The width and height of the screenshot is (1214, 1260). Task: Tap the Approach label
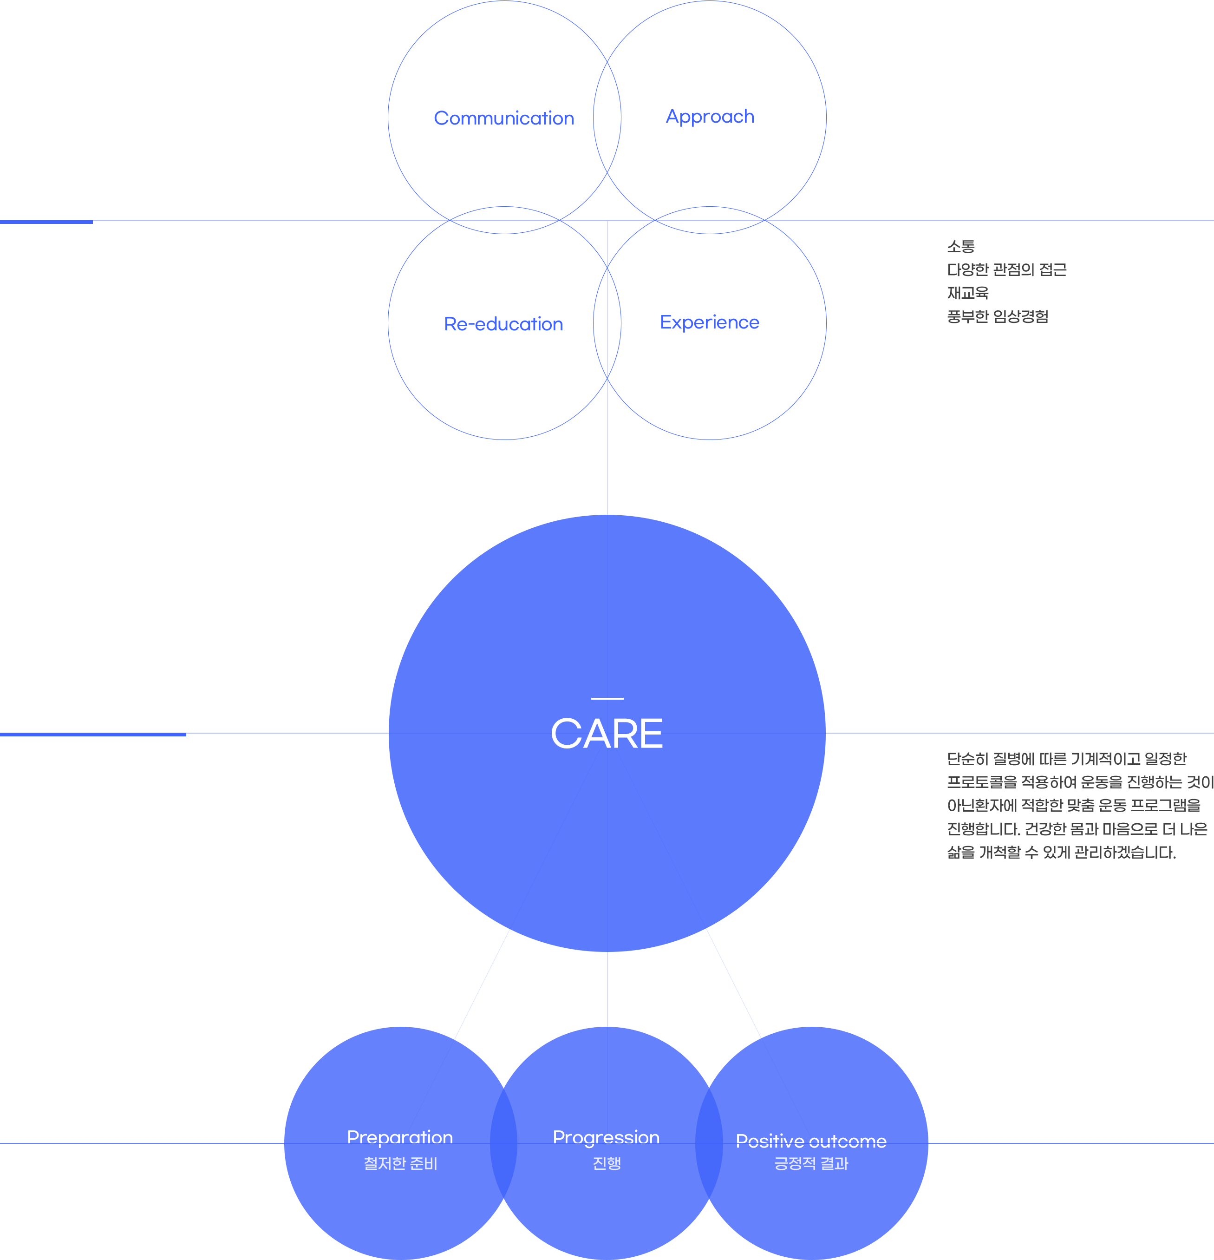(709, 117)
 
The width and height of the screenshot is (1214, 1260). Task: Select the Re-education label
(501, 324)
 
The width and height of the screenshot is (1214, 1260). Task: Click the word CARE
(607, 734)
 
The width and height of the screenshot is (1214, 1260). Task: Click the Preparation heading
(400, 1137)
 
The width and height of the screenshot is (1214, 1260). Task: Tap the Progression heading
(606, 1137)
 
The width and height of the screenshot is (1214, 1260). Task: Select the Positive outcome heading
(811, 1141)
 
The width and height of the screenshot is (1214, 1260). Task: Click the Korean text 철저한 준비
(400, 1163)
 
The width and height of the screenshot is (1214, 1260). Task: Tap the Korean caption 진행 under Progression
(607, 1163)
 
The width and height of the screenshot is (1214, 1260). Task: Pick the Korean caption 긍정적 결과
(811, 1163)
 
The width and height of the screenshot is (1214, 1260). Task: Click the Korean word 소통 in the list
(961, 247)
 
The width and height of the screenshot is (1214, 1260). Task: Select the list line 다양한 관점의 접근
(1006, 270)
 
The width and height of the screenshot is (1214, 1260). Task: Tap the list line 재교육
(968, 293)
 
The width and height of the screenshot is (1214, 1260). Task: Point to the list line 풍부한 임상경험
(998, 315)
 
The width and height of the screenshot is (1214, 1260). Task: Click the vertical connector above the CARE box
(607, 494)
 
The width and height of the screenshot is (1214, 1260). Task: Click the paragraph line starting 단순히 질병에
(1067, 759)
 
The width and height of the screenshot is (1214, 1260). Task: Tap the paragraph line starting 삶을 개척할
(1062, 852)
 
